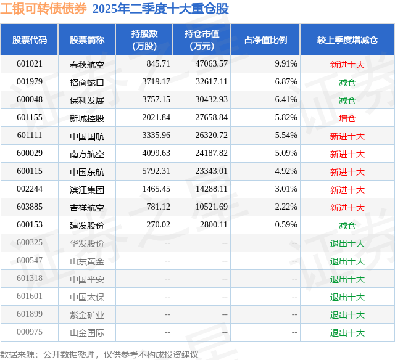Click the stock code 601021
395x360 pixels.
coord(30,63)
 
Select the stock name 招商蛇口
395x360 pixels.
coord(87,81)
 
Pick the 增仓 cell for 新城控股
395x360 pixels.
coord(347,118)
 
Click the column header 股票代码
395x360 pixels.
coord(30,40)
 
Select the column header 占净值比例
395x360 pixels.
coord(265,40)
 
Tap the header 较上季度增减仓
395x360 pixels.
coord(347,40)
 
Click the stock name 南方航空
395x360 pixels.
coord(87,153)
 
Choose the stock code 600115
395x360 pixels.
coord(30,171)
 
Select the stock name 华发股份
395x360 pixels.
coord(87,243)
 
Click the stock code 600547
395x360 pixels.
coord(30,261)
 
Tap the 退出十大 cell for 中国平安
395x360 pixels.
coord(347,279)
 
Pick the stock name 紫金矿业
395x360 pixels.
coord(87,315)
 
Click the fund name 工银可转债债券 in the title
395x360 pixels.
coord(43,9)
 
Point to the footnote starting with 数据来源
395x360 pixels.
coord(99,354)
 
